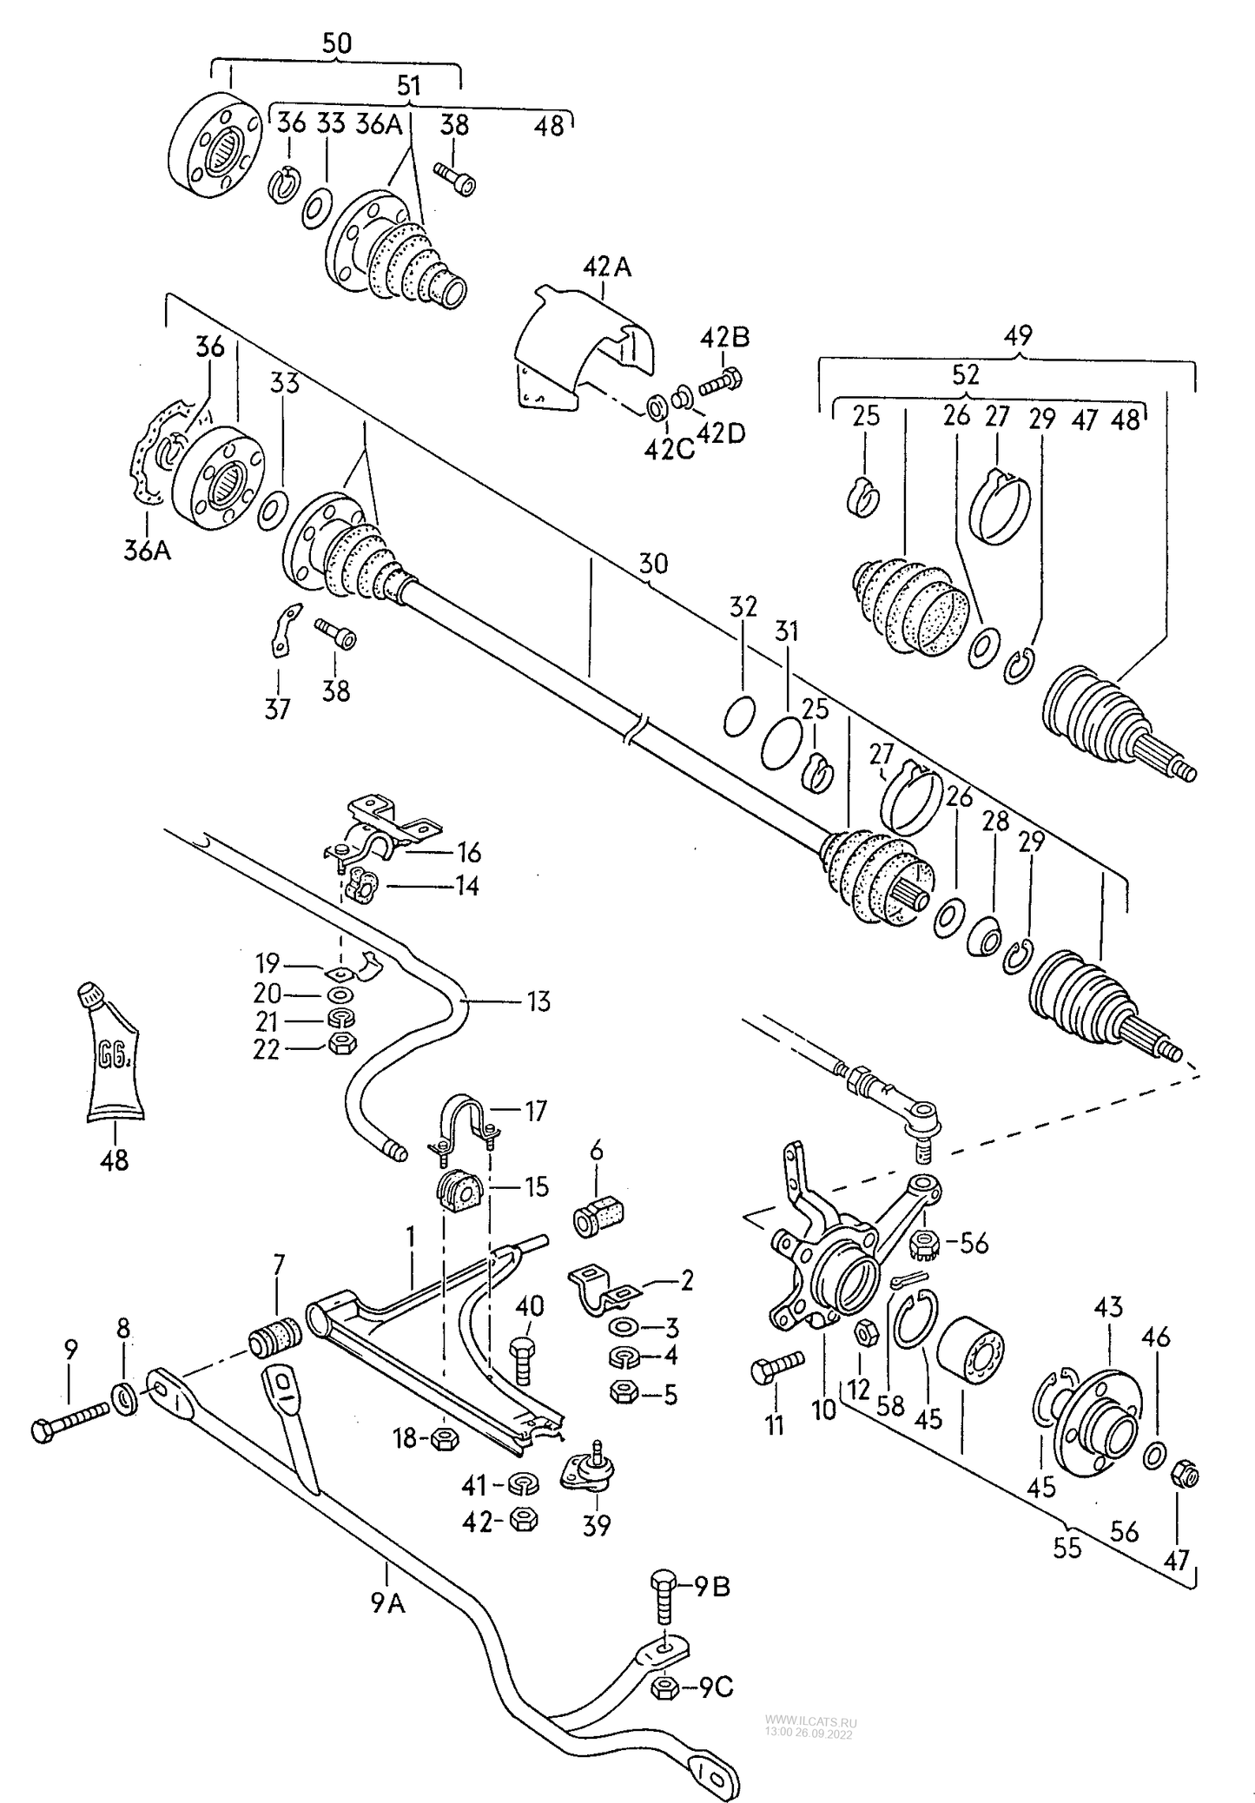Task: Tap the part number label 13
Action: tap(538, 1001)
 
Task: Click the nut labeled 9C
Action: tap(664, 1688)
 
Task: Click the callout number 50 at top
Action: tap(336, 43)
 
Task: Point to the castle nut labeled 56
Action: tap(923, 1249)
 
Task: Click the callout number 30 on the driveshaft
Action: tap(653, 564)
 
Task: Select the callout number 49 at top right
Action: tap(1017, 334)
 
